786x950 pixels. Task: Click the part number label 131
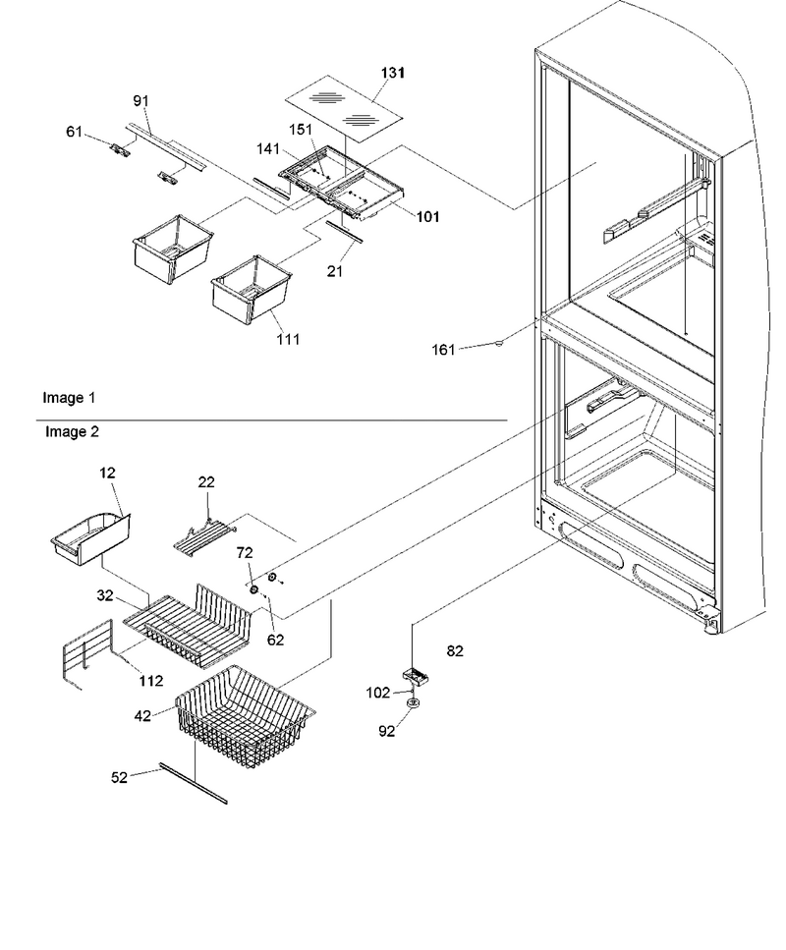click(x=393, y=73)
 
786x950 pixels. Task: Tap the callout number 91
click(x=140, y=100)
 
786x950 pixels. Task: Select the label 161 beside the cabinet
click(x=443, y=350)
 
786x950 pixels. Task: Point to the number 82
click(x=455, y=650)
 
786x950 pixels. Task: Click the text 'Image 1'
click(x=69, y=398)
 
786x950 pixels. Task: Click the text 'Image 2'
click(x=72, y=432)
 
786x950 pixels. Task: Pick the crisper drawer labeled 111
click(x=252, y=290)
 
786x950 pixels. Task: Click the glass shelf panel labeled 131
click(x=344, y=108)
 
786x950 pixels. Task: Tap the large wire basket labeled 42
click(x=245, y=715)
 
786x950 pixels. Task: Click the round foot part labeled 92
click(x=414, y=702)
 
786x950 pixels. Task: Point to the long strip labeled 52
click(x=194, y=783)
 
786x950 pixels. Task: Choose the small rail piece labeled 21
click(x=344, y=232)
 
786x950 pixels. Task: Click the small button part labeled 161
click(x=499, y=344)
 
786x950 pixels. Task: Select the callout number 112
click(x=151, y=681)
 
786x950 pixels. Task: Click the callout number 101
click(x=427, y=217)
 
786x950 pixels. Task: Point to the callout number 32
click(x=105, y=595)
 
